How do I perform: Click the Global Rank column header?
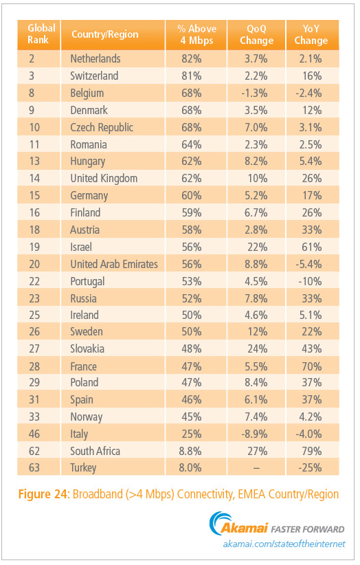coord(41,34)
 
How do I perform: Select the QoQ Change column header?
coord(257,34)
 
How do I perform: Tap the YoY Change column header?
coord(311,34)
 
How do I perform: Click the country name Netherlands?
coord(95,58)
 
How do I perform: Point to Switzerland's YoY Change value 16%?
coord(312,76)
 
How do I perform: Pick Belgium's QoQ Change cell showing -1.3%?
coord(254,93)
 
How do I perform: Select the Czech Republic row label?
coord(102,127)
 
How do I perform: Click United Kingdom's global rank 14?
coord(34,178)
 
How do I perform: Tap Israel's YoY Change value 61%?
coord(312,247)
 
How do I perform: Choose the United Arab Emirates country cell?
coord(114,264)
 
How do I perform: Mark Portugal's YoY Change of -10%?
coord(310,281)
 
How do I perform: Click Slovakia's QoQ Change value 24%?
coord(258,348)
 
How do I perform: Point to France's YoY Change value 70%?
coord(312,366)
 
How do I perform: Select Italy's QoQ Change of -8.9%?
coord(254,434)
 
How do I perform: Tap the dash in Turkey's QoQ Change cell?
coord(256,468)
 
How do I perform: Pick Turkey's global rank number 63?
coord(34,467)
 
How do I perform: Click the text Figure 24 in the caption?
coord(43,494)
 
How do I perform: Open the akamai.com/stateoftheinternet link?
coord(284,544)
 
